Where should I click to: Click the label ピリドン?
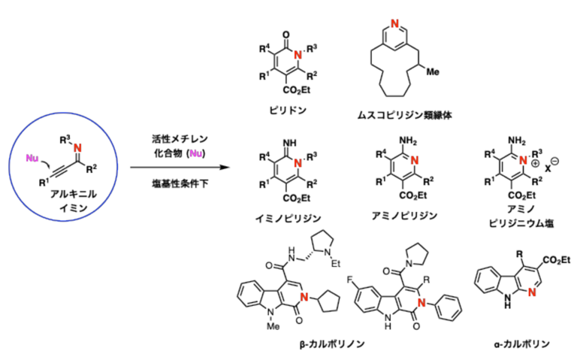(x=288, y=110)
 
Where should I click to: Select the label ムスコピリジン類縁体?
(x=404, y=115)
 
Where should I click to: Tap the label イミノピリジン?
(x=288, y=218)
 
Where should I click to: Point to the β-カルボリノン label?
(x=332, y=344)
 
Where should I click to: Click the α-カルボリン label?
(x=521, y=344)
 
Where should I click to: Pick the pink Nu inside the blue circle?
(x=32, y=159)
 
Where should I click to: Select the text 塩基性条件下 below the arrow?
(x=180, y=183)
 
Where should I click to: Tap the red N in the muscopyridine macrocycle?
(x=395, y=23)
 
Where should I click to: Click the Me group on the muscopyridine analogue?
(x=433, y=72)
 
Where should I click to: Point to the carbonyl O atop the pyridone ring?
(x=286, y=35)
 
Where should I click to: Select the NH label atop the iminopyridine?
(x=289, y=143)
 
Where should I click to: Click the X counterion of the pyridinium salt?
(x=548, y=169)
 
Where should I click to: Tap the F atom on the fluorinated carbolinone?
(x=349, y=280)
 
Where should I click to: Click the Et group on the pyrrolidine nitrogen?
(x=336, y=264)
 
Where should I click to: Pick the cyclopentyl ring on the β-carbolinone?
(x=328, y=301)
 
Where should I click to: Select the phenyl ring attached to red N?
(x=449, y=307)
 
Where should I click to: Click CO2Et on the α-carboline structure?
(x=557, y=260)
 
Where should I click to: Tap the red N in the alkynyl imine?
(x=77, y=148)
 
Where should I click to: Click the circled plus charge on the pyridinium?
(x=535, y=163)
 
